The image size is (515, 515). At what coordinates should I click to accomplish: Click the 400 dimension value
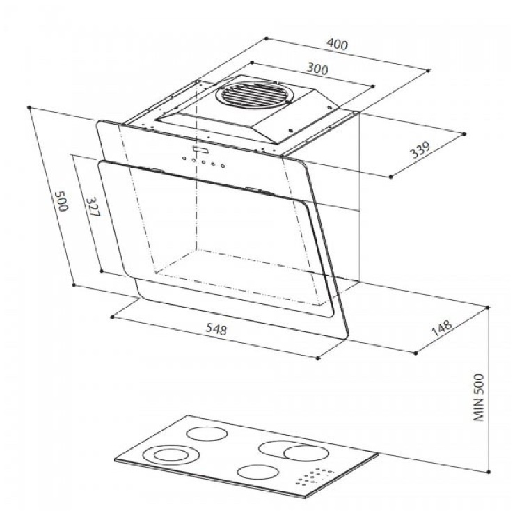pyautogui.click(x=338, y=44)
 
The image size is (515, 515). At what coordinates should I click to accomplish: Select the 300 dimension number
pyautogui.click(x=317, y=69)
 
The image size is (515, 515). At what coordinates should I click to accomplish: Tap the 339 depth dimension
pyautogui.click(x=420, y=150)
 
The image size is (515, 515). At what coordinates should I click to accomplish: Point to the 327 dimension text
pyautogui.click(x=93, y=207)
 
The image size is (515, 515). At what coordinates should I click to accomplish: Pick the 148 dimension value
pyautogui.click(x=441, y=328)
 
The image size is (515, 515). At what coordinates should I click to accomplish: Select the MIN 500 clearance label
pyautogui.click(x=479, y=397)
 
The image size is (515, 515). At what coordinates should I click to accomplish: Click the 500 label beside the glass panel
pyautogui.click(x=61, y=201)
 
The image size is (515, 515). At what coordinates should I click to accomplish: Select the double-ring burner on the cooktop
pyautogui.click(x=171, y=455)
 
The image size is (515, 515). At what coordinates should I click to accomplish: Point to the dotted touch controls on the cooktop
pyautogui.click(x=315, y=476)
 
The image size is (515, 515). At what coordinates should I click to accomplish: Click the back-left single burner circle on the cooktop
pyautogui.click(x=207, y=434)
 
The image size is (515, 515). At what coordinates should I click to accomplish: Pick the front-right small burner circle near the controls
pyautogui.click(x=257, y=472)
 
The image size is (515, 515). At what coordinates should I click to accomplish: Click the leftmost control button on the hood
pyautogui.click(x=184, y=159)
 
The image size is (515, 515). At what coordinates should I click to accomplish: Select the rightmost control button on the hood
pyautogui.click(x=223, y=166)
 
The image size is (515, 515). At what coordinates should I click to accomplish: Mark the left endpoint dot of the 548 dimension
pyautogui.click(x=112, y=317)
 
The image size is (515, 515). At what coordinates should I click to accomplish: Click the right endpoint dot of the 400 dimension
pyautogui.click(x=428, y=70)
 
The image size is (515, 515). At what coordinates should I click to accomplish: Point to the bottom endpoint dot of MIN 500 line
pyautogui.click(x=489, y=472)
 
